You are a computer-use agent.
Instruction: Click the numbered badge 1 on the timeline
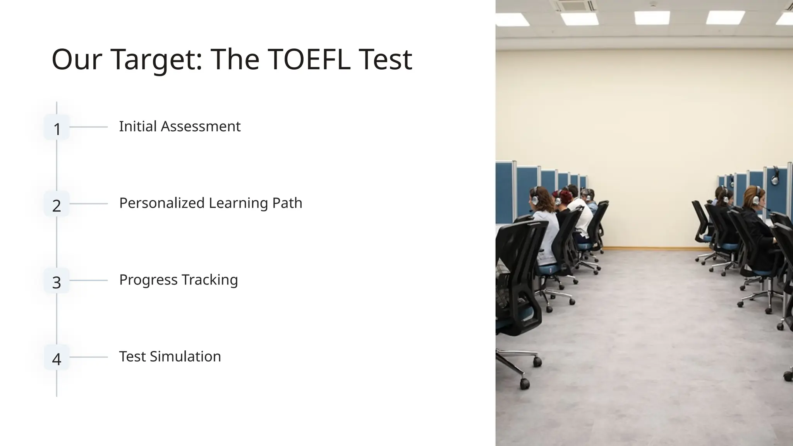[x=57, y=127]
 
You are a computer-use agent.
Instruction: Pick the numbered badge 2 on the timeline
[x=57, y=204]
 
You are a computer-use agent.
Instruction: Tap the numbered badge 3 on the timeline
[x=57, y=281]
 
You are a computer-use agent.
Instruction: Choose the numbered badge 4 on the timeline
[x=57, y=357]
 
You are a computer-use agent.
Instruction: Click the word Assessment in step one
[x=201, y=127]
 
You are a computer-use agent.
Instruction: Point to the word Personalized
[x=161, y=203]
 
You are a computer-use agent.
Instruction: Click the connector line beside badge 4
[x=89, y=357]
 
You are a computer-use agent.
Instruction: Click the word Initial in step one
[x=138, y=127]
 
